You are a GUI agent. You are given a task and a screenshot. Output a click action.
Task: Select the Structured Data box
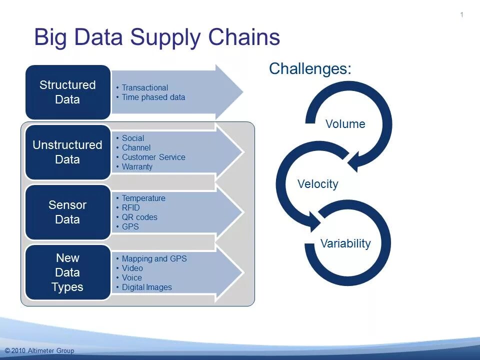(67, 92)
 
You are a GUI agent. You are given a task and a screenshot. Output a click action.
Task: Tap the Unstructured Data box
(67, 152)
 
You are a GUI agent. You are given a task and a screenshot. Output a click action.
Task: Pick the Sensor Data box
(67, 212)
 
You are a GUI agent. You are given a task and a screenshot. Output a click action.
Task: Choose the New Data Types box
(67, 272)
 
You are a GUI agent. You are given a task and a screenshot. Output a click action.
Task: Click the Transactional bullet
(144, 87)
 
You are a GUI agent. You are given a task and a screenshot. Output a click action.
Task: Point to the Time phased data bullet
(153, 97)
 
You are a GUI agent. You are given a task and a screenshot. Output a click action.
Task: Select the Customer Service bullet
(153, 157)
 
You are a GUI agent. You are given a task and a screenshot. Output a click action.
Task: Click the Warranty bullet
(137, 166)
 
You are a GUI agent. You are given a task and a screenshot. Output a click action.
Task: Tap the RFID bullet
(130, 207)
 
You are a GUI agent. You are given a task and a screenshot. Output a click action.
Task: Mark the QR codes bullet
(139, 217)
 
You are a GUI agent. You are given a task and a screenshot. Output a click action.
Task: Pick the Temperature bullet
(143, 198)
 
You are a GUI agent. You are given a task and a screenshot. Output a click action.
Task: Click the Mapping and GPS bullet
(154, 258)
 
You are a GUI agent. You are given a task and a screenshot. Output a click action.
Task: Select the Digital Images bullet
(146, 287)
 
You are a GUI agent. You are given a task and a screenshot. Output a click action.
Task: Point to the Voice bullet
(131, 277)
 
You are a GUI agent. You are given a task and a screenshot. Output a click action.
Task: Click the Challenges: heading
(310, 68)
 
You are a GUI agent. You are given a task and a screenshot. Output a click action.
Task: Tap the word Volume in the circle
(345, 124)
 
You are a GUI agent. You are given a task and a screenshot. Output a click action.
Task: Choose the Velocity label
(317, 184)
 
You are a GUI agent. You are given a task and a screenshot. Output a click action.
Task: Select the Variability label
(345, 243)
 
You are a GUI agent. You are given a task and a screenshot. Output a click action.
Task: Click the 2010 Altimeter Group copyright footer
(39, 350)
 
